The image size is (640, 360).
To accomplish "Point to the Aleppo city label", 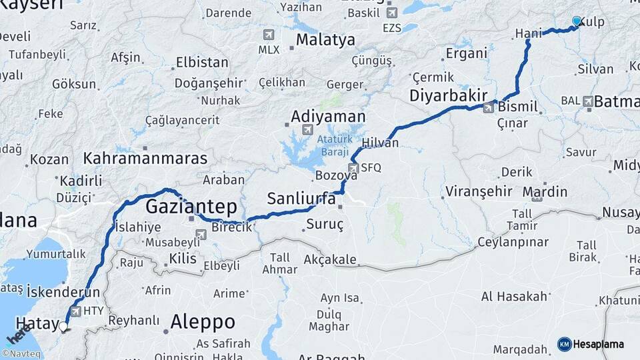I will point(203,322).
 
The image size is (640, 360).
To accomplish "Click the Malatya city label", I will point(325,40).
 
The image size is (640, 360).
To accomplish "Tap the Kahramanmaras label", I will point(145,159).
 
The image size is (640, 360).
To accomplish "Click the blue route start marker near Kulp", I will point(577,21).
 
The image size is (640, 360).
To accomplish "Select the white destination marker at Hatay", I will point(63,327).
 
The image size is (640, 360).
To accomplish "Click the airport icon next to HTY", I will point(75,311).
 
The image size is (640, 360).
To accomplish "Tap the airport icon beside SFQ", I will point(353,168).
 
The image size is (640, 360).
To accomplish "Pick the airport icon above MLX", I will point(269,35).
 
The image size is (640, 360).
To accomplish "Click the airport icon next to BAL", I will point(588,101).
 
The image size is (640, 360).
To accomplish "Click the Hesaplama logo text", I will point(599,344).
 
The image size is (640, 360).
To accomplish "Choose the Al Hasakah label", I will point(514,296).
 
